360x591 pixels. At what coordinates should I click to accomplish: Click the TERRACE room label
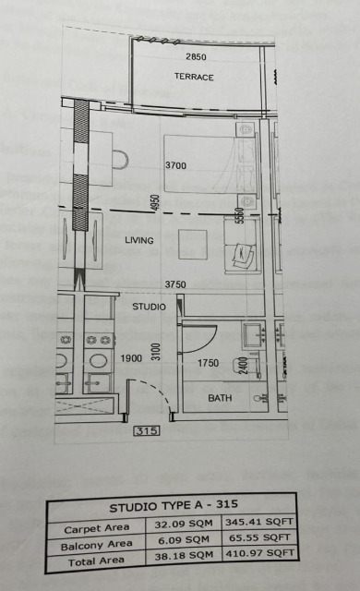tap(194, 77)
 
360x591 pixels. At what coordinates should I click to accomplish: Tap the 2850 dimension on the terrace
tap(197, 57)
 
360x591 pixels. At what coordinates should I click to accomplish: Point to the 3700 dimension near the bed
tap(176, 165)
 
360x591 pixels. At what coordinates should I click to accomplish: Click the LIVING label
tap(139, 240)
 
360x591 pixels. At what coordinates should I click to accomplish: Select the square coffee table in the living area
tap(192, 245)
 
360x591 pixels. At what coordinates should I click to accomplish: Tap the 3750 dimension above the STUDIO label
tap(175, 284)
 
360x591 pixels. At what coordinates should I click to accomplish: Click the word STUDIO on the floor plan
tap(150, 307)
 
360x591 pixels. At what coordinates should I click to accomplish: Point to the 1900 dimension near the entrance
tap(131, 358)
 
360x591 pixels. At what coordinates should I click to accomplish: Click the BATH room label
tap(220, 398)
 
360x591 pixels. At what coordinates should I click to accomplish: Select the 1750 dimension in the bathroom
tap(209, 363)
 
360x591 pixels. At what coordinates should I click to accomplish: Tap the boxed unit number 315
tap(147, 430)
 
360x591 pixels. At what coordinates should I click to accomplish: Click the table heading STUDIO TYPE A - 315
tap(174, 506)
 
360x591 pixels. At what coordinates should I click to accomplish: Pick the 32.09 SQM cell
tap(184, 524)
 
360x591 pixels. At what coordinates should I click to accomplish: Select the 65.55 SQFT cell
tap(259, 537)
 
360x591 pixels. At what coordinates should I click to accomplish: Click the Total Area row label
tap(96, 561)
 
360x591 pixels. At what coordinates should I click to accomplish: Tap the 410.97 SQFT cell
tap(259, 553)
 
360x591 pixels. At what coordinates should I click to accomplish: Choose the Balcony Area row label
tap(96, 545)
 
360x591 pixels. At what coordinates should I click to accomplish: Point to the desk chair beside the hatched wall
tap(121, 160)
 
